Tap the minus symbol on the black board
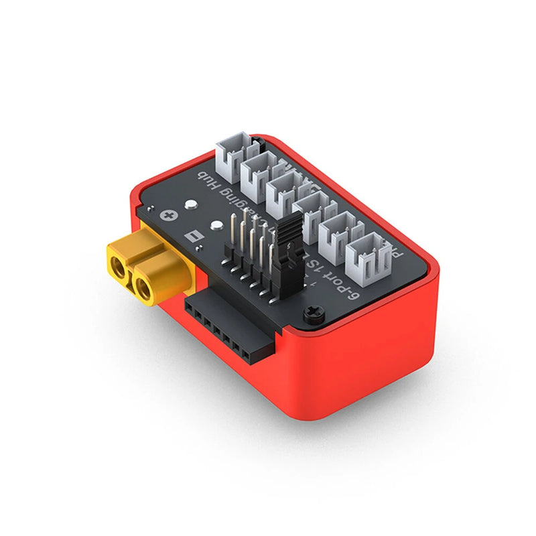194,238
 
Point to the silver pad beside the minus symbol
216,226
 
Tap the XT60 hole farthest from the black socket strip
119,270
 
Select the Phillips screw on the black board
312,311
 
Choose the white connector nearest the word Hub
232,155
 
